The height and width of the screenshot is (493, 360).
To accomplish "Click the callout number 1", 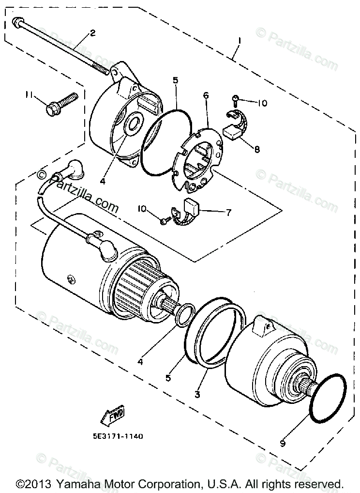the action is (x=240, y=41).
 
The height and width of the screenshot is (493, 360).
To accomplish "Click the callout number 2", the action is (x=92, y=33).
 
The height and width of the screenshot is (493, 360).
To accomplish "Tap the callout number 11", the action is (x=29, y=94).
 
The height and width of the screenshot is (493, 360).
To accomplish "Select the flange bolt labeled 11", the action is (x=61, y=104).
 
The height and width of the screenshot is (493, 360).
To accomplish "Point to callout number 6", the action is (x=206, y=95).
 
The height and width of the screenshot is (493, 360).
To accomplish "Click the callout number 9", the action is (x=283, y=443).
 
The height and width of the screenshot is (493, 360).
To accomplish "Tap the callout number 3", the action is (x=197, y=394).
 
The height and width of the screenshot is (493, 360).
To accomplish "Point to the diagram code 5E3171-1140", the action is (x=118, y=436).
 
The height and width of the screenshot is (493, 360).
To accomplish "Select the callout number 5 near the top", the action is (x=175, y=80).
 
